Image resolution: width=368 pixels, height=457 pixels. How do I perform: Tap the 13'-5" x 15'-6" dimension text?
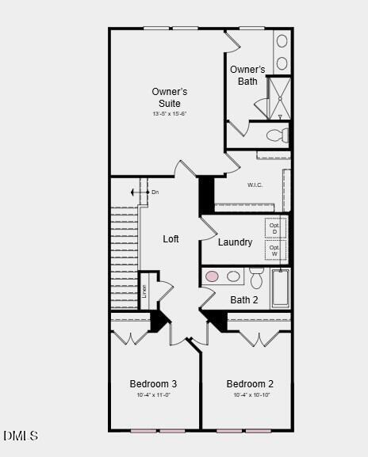click(170, 114)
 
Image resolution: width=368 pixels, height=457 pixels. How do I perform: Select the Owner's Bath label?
click(247, 75)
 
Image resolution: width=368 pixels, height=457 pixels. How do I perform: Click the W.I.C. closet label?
click(255, 185)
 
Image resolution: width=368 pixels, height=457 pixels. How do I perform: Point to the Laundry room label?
click(235, 242)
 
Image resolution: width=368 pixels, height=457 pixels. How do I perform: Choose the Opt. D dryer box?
click(274, 228)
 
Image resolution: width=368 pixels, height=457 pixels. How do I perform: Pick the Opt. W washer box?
click(274, 250)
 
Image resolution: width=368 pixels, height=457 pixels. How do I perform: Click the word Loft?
click(171, 239)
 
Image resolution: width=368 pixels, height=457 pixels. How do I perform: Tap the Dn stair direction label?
click(155, 192)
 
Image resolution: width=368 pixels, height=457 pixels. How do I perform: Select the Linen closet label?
click(144, 291)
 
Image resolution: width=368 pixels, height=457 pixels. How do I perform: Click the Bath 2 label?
click(244, 300)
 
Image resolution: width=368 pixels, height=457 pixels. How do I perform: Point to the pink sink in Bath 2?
click(213, 276)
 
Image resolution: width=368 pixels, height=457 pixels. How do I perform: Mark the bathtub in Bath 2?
click(281, 288)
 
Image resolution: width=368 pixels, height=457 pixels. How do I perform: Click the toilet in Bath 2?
click(257, 279)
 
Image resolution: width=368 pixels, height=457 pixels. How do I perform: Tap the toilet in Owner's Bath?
click(277, 135)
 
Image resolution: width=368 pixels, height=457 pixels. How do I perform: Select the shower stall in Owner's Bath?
click(278, 97)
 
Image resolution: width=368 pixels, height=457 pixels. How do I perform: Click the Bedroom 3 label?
click(153, 384)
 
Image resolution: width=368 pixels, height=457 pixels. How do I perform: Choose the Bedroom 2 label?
click(250, 384)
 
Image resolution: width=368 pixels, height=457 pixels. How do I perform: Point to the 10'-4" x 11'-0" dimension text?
click(153, 395)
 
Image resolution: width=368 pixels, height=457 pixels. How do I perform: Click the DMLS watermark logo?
click(21, 436)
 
